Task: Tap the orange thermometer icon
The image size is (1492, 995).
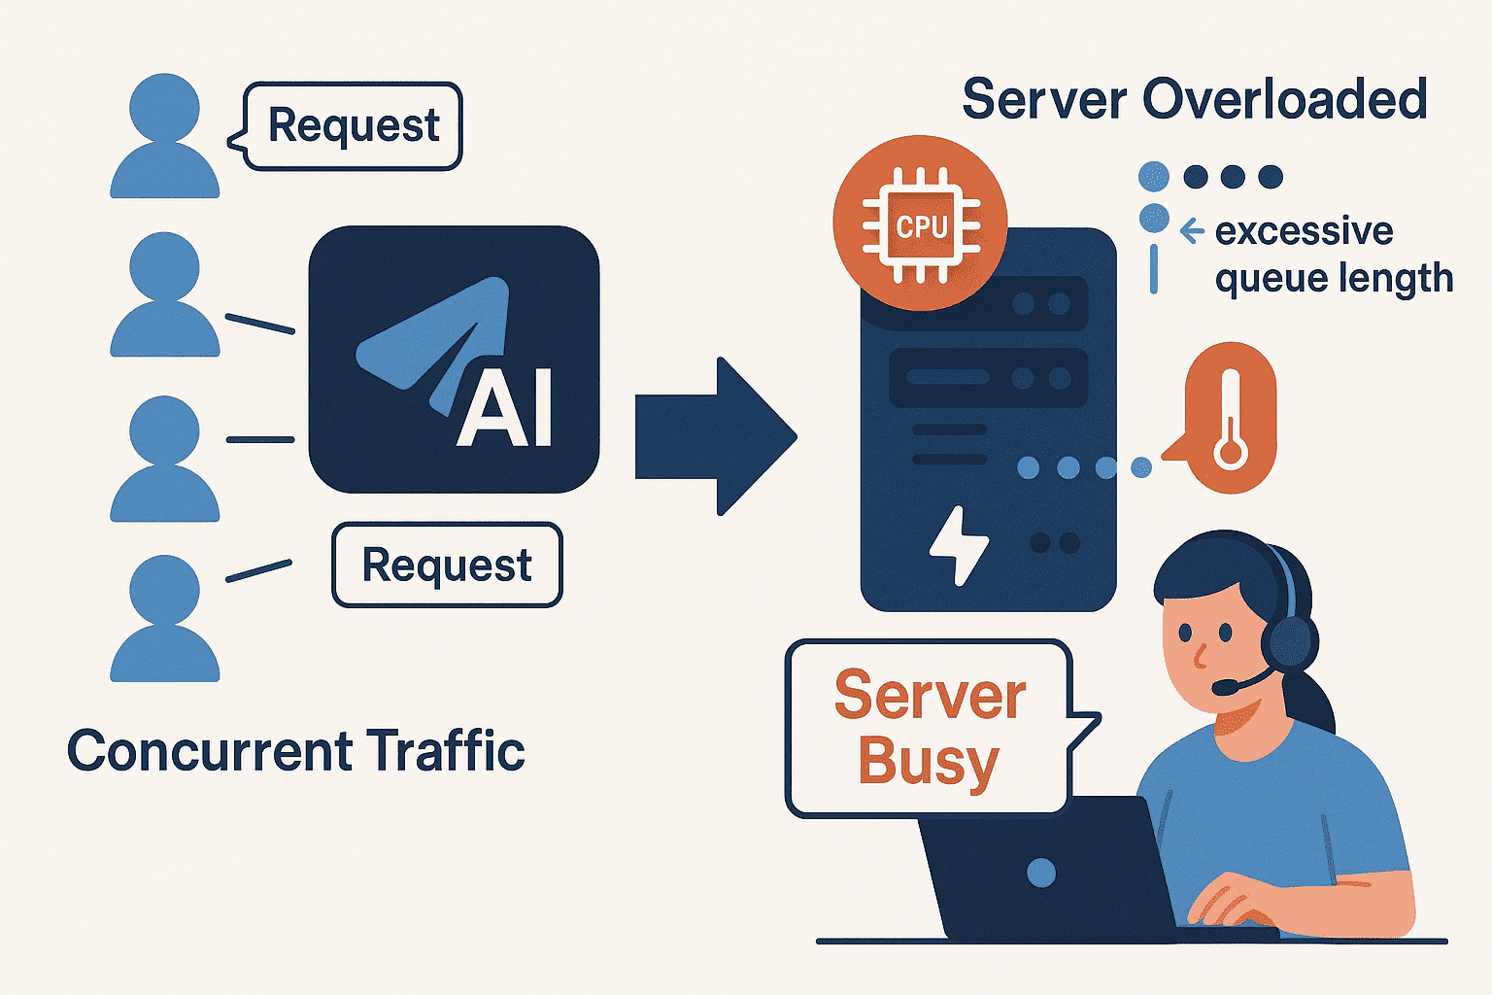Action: pyautogui.click(x=1231, y=419)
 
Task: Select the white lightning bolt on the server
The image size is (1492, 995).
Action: pyautogui.click(x=958, y=545)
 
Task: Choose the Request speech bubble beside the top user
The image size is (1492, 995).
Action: pyautogui.click(x=353, y=126)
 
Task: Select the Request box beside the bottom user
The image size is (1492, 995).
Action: pyautogui.click(x=447, y=565)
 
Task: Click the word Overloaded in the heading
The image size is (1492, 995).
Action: pyautogui.click(x=1284, y=99)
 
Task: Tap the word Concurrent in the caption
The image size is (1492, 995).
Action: pyautogui.click(x=209, y=751)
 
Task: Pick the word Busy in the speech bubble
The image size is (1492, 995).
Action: pyautogui.click(x=928, y=762)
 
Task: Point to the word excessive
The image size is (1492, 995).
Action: pyautogui.click(x=1304, y=231)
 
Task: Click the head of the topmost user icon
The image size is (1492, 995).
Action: pyautogui.click(x=164, y=108)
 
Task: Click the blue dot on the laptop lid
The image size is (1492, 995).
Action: pyautogui.click(x=1040, y=873)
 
